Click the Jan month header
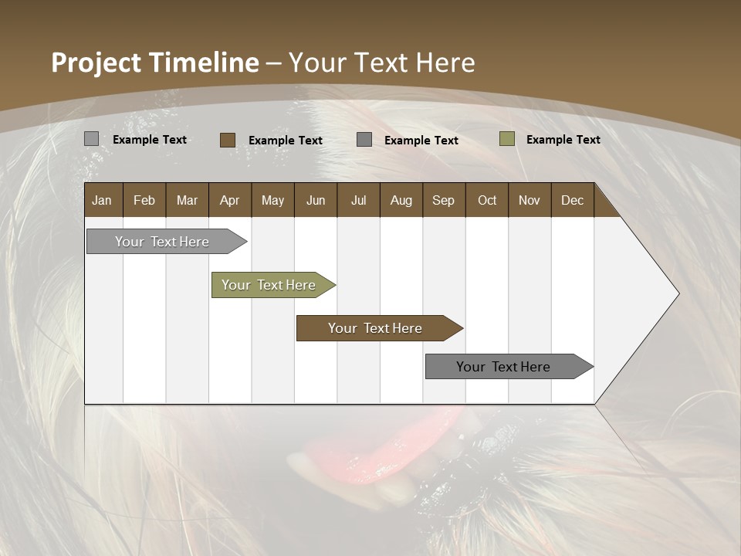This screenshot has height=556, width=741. [x=102, y=200]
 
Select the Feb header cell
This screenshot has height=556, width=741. [x=144, y=200]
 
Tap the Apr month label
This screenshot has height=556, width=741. [x=229, y=200]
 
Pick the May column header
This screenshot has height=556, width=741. [x=272, y=200]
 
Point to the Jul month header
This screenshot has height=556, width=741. [x=358, y=200]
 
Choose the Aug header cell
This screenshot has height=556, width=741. [x=401, y=200]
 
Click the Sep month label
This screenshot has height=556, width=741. [x=443, y=200]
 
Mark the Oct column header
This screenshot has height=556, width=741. [x=487, y=200]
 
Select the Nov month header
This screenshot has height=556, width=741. [x=529, y=200]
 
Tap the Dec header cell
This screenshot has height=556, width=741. [x=572, y=200]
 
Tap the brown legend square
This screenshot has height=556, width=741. [x=227, y=140]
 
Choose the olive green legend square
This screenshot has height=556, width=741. [x=506, y=139]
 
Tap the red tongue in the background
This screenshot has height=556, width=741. [x=363, y=456]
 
